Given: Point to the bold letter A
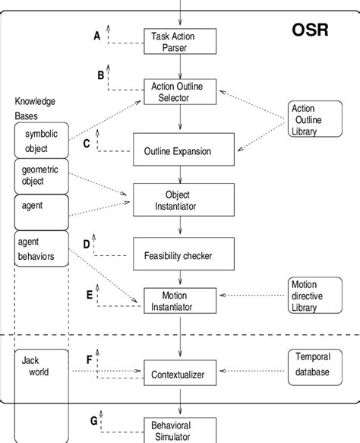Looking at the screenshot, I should point(96,35).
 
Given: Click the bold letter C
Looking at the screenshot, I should point(87,143).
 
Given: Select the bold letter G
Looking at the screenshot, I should point(93,420).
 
